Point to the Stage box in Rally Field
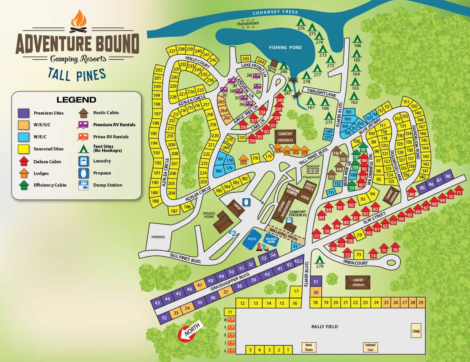416,331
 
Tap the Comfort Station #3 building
358,282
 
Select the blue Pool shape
252,239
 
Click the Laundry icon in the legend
83,161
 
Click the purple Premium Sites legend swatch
24,113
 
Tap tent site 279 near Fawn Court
319,261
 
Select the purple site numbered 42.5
298,261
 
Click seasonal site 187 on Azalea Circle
174,211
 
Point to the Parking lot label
158,237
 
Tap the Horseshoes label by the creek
248,23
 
